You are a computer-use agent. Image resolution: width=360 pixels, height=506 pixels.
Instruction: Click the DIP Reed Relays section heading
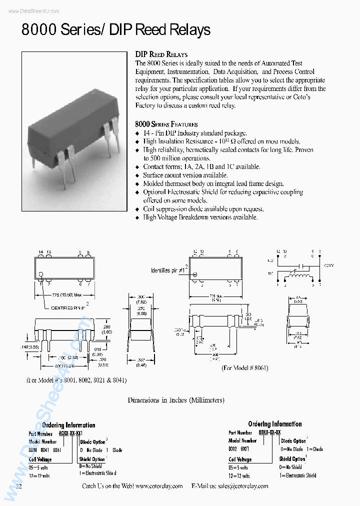click(161, 54)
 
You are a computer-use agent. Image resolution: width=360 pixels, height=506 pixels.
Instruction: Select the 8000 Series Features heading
click(166, 124)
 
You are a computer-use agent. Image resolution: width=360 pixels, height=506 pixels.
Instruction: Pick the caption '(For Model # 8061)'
click(244, 367)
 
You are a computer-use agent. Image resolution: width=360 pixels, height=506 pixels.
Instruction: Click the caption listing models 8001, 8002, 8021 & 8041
click(76, 380)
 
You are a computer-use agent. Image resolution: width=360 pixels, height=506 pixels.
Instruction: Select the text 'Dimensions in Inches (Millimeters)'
click(176, 400)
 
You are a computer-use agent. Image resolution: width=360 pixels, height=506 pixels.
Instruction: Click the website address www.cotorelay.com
click(158, 486)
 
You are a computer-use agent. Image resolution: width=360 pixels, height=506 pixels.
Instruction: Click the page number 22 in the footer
click(19, 486)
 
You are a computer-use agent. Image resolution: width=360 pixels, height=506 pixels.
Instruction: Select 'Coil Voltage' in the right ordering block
click(240, 459)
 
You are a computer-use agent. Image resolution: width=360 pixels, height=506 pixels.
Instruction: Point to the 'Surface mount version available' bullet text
click(185, 175)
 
